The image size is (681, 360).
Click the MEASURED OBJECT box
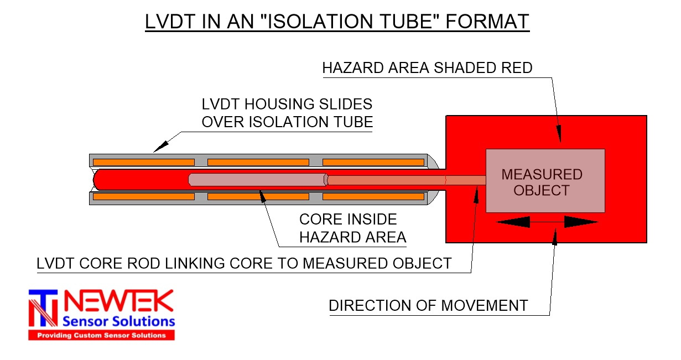click(545, 181)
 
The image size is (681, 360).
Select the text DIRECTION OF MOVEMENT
click(428, 305)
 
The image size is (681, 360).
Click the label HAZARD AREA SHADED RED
click(427, 68)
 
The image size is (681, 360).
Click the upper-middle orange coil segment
click(258, 162)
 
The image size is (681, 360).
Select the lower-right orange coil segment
click(373, 196)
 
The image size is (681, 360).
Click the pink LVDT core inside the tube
click(257, 180)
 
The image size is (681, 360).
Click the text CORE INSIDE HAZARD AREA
click(353, 228)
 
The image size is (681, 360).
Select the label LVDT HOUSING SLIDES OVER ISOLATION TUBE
click(287, 113)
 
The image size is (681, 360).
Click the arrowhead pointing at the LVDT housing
click(160, 146)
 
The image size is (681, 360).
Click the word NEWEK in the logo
click(119, 302)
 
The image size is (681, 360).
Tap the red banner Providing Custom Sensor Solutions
click(101, 335)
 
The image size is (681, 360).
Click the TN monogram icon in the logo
click(44, 309)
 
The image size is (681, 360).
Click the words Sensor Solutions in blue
click(119, 321)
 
